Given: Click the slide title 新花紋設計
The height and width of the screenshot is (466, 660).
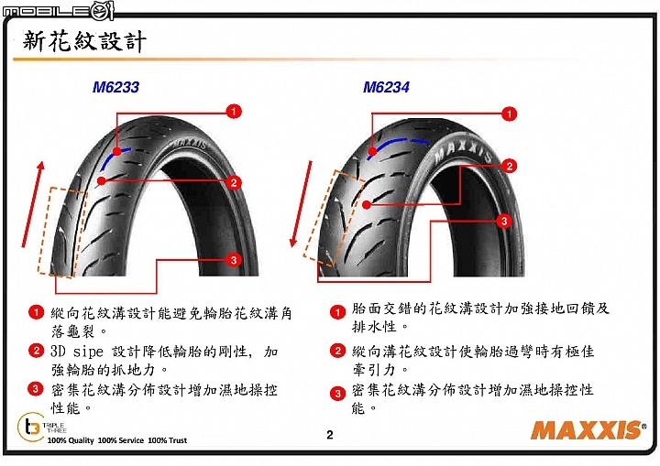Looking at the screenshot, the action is pyautogui.click(x=84, y=41).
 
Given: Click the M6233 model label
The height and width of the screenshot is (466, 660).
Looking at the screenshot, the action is pyautogui.click(x=115, y=87).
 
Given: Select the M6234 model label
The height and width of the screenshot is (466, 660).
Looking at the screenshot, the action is pyautogui.click(x=386, y=87).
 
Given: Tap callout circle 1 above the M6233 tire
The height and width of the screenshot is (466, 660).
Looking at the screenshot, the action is pyautogui.click(x=234, y=112).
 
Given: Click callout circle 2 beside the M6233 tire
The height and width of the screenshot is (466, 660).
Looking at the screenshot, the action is pyautogui.click(x=234, y=182).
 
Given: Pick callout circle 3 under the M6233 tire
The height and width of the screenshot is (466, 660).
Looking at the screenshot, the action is pyautogui.click(x=234, y=259).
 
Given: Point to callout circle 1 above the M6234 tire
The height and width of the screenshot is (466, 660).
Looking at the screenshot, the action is pyautogui.click(x=509, y=114).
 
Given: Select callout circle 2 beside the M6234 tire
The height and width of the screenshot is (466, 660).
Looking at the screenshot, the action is pyautogui.click(x=510, y=166).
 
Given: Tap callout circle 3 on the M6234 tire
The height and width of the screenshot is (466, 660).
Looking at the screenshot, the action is pyautogui.click(x=504, y=221).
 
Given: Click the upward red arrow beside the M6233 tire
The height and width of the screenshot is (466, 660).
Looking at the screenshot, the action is pyautogui.click(x=32, y=204).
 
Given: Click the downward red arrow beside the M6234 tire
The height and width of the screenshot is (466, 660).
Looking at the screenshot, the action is pyautogui.click(x=302, y=204).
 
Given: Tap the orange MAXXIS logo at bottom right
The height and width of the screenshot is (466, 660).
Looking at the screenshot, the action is pyautogui.click(x=588, y=429).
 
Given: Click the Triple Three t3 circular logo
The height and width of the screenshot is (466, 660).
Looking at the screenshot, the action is pyautogui.click(x=30, y=427).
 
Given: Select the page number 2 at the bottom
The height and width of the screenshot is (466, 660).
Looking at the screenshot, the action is pyautogui.click(x=330, y=435).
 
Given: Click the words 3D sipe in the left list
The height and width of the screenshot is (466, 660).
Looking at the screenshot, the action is pyautogui.click(x=77, y=352).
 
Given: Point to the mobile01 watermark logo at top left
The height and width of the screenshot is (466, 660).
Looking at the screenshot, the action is pyautogui.click(x=58, y=10).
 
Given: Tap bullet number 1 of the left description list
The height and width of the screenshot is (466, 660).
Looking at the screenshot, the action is pyautogui.click(x=36, y=312).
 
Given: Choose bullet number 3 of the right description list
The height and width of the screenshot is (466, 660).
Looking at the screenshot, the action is pyautogui.click(x=337, y=394).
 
